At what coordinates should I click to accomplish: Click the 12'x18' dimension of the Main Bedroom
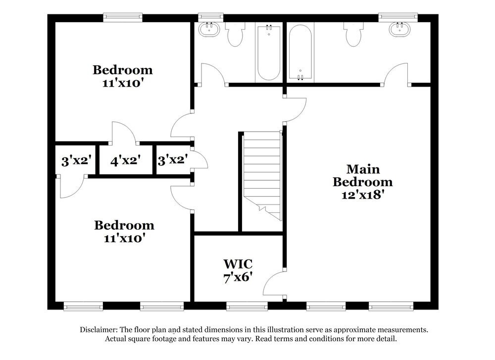pyautogui.click(x=363, y=195)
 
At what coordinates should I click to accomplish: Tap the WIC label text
pyautogui.click(x=238, y=263)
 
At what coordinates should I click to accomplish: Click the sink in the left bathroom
pyautogui.click(x=210, y=29)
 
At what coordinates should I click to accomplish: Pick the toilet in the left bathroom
pyautogui.click(x=236, y=35)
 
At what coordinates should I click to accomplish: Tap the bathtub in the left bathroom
pyautogui.click(x=268, y=52)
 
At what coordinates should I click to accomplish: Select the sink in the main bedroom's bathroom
pyautogui.click(x=400, y=29)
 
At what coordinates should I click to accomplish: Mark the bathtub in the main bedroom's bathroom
pyautogui.click(x=300, y=52)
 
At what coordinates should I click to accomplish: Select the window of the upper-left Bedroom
pyautogui.click(x=123, y=17)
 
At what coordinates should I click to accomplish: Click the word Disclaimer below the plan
pyautogui.click(x=98, y=330)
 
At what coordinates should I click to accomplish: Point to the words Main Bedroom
pyautogui.click(x=363, y=176)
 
